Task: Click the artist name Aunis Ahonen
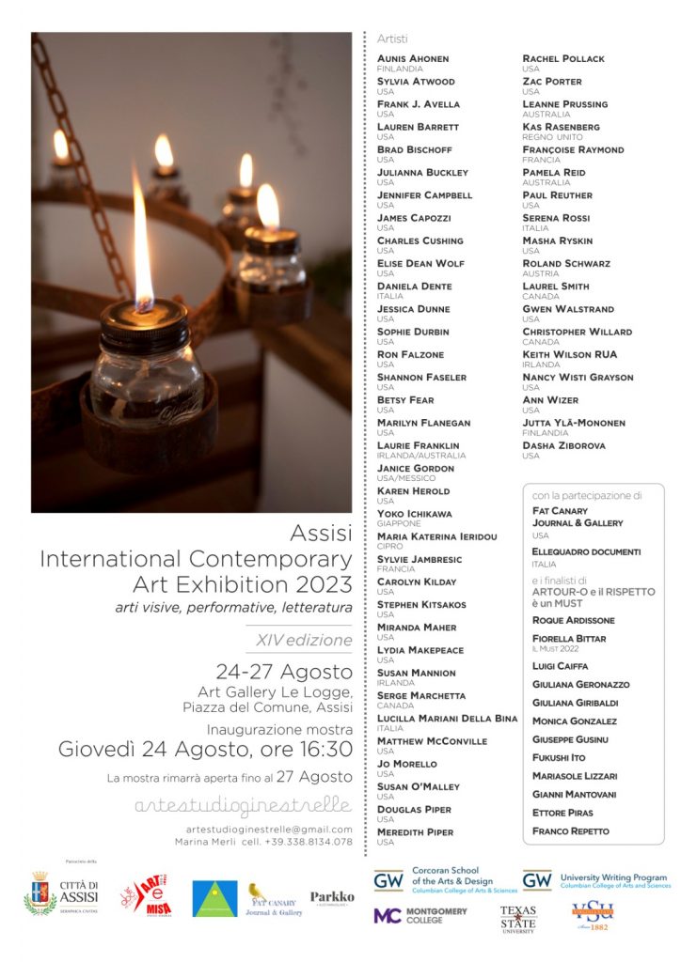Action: (x=413, y=58)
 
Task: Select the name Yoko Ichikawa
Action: (x=414, y=514)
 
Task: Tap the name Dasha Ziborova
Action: (x=563, y=445)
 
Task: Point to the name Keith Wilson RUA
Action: (x=570, y=354)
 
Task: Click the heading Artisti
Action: (x=392, y=39)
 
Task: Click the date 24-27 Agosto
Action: (x=284, y=672)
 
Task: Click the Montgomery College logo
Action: (x=420, y=915)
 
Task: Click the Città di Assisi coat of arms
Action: (x=40, y=893)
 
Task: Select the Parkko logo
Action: (x=332, y=898)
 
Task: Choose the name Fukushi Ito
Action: (x=559, y=757)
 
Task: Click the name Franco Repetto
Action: (x=570, y=830)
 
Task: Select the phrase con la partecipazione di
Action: (x=587, y=495)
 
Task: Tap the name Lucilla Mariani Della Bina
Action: (x=447, y=719)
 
